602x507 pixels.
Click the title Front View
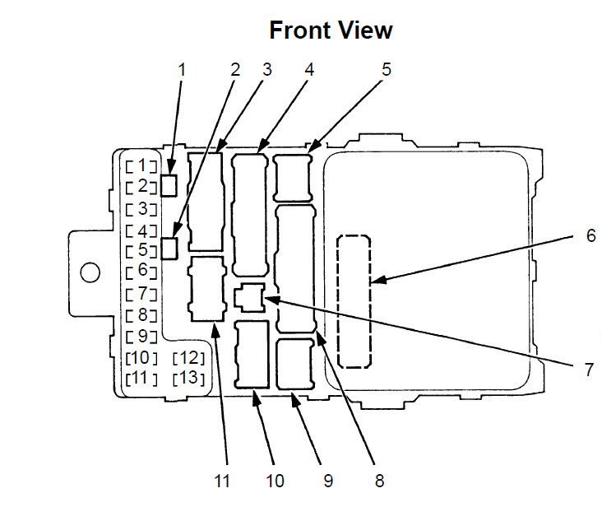click(331, 30)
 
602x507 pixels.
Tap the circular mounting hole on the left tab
click(90, 272)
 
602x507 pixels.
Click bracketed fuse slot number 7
click(141, 294)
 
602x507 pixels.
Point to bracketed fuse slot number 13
click(188, 379)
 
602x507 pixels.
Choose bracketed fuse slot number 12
click(188, 358)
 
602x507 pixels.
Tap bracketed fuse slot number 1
click(141, 165)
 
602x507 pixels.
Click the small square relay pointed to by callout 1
click(169, 185)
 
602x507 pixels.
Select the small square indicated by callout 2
click(169, 248)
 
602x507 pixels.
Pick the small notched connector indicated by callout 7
click(249, 297)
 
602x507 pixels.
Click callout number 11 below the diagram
click(222, 481)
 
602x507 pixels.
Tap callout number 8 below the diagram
click(379, 481)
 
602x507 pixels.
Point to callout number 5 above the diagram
click(387, 69)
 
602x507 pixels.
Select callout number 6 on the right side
click(591, 235)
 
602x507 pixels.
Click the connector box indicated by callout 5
click(293, 178)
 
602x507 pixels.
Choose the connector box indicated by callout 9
click(295, 364)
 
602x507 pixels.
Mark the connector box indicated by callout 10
click(252, 354)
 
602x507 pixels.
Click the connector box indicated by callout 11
click(207, 288)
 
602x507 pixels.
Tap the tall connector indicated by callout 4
click(249, 215)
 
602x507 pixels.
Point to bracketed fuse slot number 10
click(141, 358)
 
